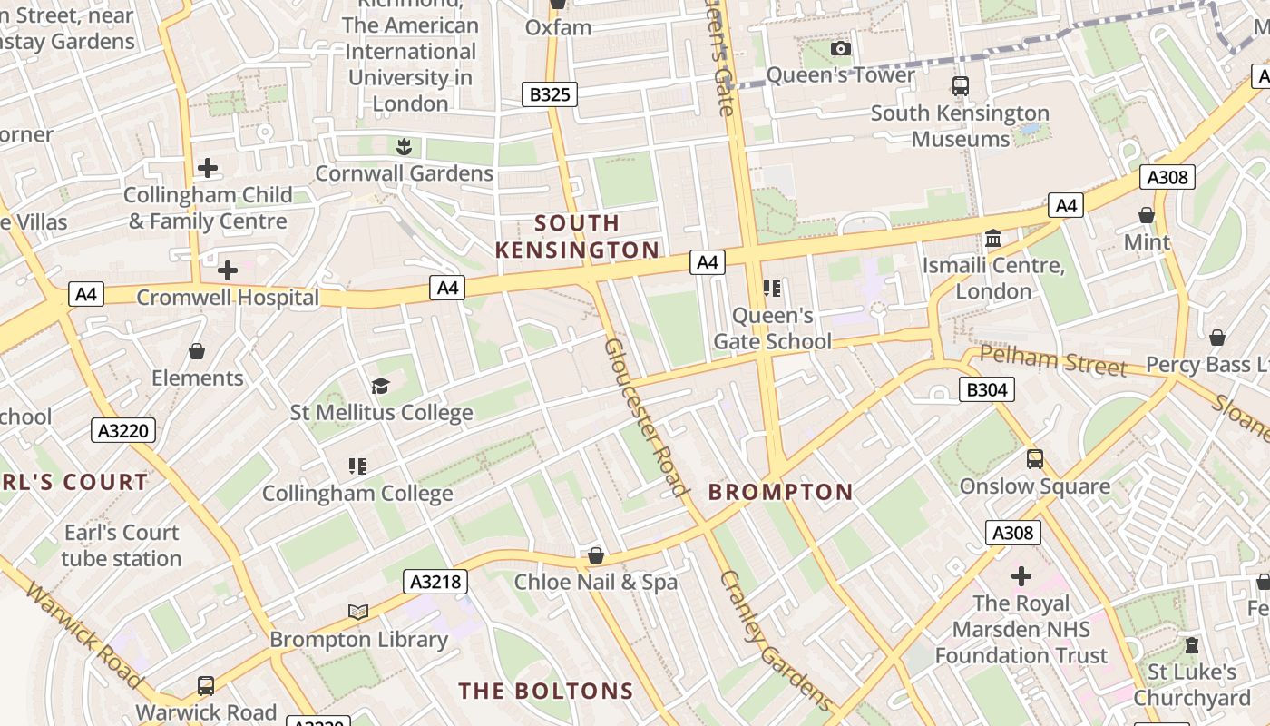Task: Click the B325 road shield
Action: (550, 93)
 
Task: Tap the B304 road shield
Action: (986, 389)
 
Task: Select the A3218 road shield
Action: (435, 582)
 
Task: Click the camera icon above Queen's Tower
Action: (841, 48)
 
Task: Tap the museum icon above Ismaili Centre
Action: (993, 239)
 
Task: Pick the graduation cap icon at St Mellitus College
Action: (380, 387)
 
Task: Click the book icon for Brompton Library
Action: (358, 613)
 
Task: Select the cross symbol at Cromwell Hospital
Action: (228, 270)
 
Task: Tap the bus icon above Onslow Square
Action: (1035, 459)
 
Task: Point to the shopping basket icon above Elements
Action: (197, 351)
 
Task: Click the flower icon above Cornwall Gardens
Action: (404, 146)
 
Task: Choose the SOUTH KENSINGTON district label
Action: (577, 236)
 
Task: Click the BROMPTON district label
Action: (780, 492)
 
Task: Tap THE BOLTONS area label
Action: (545, 691)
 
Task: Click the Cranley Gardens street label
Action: (775, 640)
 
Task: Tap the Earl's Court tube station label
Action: (122, 545)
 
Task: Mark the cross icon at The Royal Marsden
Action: (1021, 576)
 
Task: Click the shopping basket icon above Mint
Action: (1147, 215)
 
